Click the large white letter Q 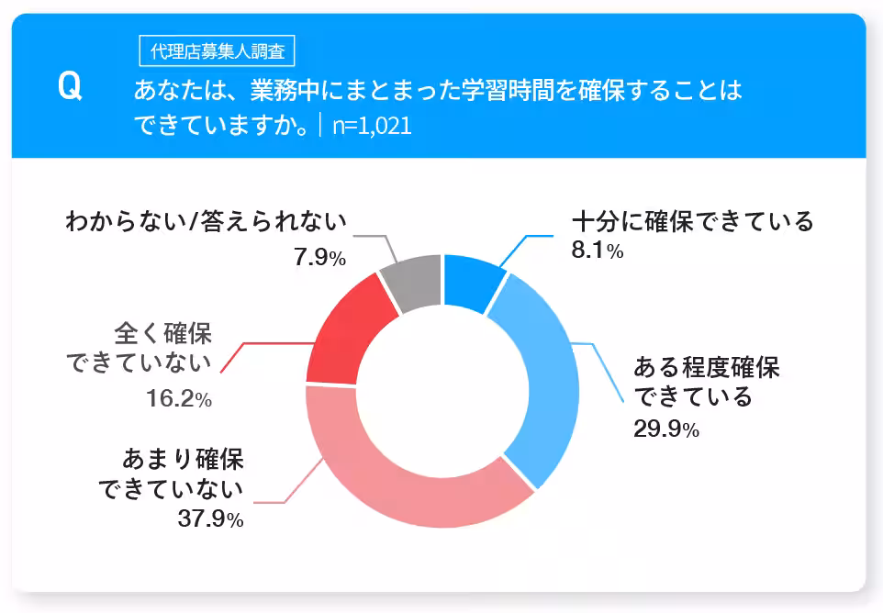pyautogui.click(x=70, y=87)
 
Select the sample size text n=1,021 pyautogui.click(x=372, y=126)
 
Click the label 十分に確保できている pyautogui.click(x=692, y=222)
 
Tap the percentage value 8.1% pyautogui.click(x=598, y=250)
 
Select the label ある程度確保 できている pyautogui.click(x=706, y=383)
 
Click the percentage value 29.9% pyautogui.click(x=666, y=429)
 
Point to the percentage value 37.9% pyautogui.click(x=210, y=518)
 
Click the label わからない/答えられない pyautogui.click(x=207, y=222)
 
